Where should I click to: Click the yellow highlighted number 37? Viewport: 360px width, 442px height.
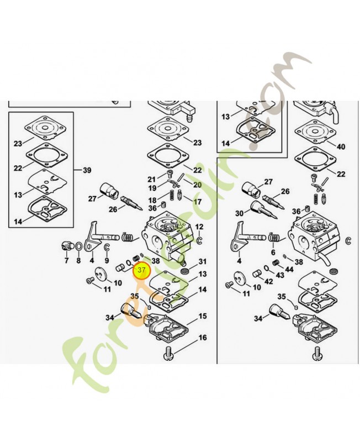point(141,270)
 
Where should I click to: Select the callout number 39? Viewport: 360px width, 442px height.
point(87,170)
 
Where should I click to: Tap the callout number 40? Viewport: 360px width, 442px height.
point(341,146)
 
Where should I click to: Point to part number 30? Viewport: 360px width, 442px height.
point(239,213)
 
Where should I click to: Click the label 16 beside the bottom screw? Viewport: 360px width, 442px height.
point(203,338)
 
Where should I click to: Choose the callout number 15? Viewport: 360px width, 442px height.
point(203,316)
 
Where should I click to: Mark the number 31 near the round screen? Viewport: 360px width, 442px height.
point(203,261)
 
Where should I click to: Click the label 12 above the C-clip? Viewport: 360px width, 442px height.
point(199,227)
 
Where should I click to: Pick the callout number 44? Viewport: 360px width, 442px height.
point(289,270)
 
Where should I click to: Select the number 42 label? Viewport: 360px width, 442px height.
point(269,281)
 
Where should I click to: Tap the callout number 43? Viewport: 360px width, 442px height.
point(280,275)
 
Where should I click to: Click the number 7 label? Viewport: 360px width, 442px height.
point(66,260)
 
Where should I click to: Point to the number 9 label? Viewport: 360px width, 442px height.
point(107,260)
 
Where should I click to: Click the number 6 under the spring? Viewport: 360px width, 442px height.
point(273,252)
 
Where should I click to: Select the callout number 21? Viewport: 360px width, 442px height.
point(152,180)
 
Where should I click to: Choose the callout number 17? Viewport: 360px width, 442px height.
point(198,202)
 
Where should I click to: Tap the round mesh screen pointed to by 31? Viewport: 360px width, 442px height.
point(185,272)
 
